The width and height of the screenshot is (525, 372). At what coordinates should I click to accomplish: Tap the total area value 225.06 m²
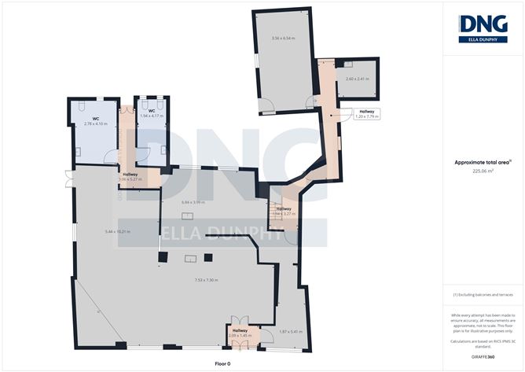pyautogui.click(x=483, y=170)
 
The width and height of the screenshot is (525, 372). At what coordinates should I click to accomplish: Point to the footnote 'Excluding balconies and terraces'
pyautogui.click(x=483, y=294)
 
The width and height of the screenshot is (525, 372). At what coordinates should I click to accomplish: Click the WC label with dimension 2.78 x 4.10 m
pyautogui.click(x=94, y=121)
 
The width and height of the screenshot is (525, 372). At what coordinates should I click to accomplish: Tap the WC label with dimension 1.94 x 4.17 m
pyautogui.click(x=151, y=114)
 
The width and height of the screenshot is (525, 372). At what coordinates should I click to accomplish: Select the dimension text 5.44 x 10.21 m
pyautogui.click(x=116, y=231)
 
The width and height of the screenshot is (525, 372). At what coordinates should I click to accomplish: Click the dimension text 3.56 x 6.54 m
pyautogui.click(x=283, y=38)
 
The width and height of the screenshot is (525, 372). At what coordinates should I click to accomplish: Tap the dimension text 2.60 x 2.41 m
pyautogui.click(x=356, y=79)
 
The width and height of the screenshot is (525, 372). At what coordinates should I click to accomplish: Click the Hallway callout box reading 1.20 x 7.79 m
pyautogui.click(x=365, y=114)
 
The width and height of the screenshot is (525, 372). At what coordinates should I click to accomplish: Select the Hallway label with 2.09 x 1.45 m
pyautogui.click(x=239, y=333)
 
